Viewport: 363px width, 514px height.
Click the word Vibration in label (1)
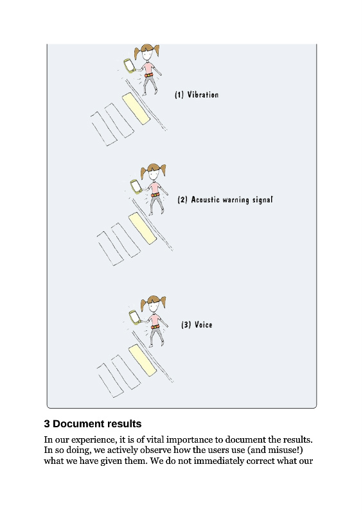(x=202, y=94)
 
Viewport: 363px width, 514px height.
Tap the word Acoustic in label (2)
(x=206, y=200)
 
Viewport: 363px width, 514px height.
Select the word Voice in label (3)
(x=203, y=324)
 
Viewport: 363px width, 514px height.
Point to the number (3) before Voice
(x=186, y=324)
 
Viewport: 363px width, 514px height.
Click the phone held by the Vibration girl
(x=129, y=66)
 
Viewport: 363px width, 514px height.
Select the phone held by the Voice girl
(x=135, y=317)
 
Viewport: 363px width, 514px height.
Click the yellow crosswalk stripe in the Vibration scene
(x=136, y=108)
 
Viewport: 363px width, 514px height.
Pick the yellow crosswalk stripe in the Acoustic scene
(x=143, y=228)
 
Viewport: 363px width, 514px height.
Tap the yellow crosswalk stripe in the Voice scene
(x=143, y=360)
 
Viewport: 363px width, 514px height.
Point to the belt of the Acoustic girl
(x=155, y=195)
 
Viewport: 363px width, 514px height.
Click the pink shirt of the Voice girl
(x=154, y=319)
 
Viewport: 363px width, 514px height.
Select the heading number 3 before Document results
(x=47, y=424)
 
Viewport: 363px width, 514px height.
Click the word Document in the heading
(x=76, y=424)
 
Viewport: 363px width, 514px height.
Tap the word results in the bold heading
(x=122, y=424)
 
